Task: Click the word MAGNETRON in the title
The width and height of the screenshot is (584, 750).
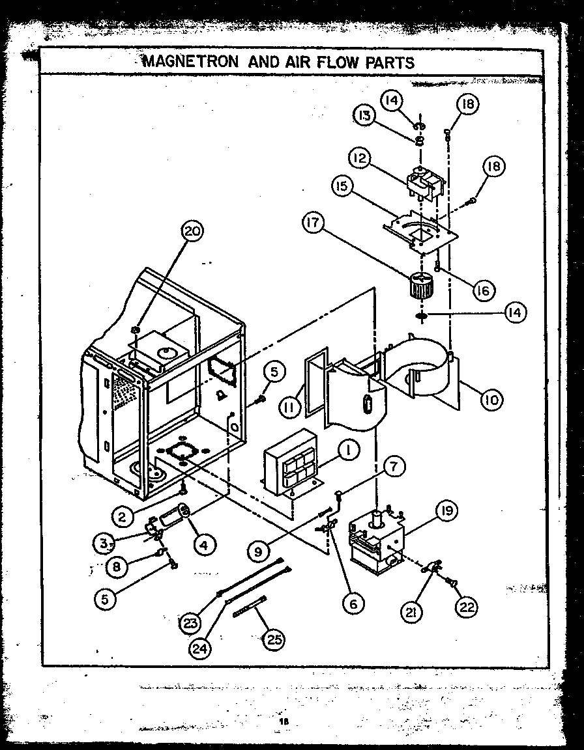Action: tap(184, 62)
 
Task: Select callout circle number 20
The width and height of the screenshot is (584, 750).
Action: tap(192, 230)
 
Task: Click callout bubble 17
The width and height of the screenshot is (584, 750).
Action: tap(314, 223)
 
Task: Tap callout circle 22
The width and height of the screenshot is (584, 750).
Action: tap(466, 607)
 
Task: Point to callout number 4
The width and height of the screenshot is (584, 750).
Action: tap(204, 544)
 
